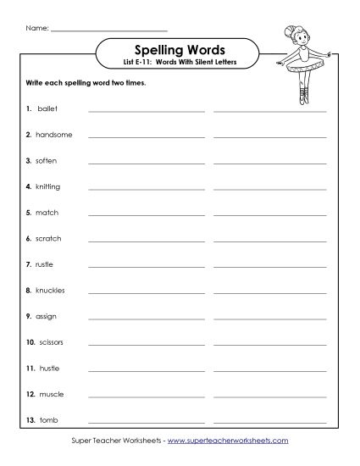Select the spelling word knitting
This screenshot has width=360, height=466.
point(47,186)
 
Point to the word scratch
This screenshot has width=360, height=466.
point(48,238)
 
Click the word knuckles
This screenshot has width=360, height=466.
point(50,290)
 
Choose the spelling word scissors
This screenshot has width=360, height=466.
point(51,342)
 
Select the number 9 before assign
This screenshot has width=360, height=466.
point(29,316)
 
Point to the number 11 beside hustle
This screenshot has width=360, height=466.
point(30,368)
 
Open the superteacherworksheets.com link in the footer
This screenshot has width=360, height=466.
point(240,441)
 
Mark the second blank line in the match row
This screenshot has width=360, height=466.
point(269,215)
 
